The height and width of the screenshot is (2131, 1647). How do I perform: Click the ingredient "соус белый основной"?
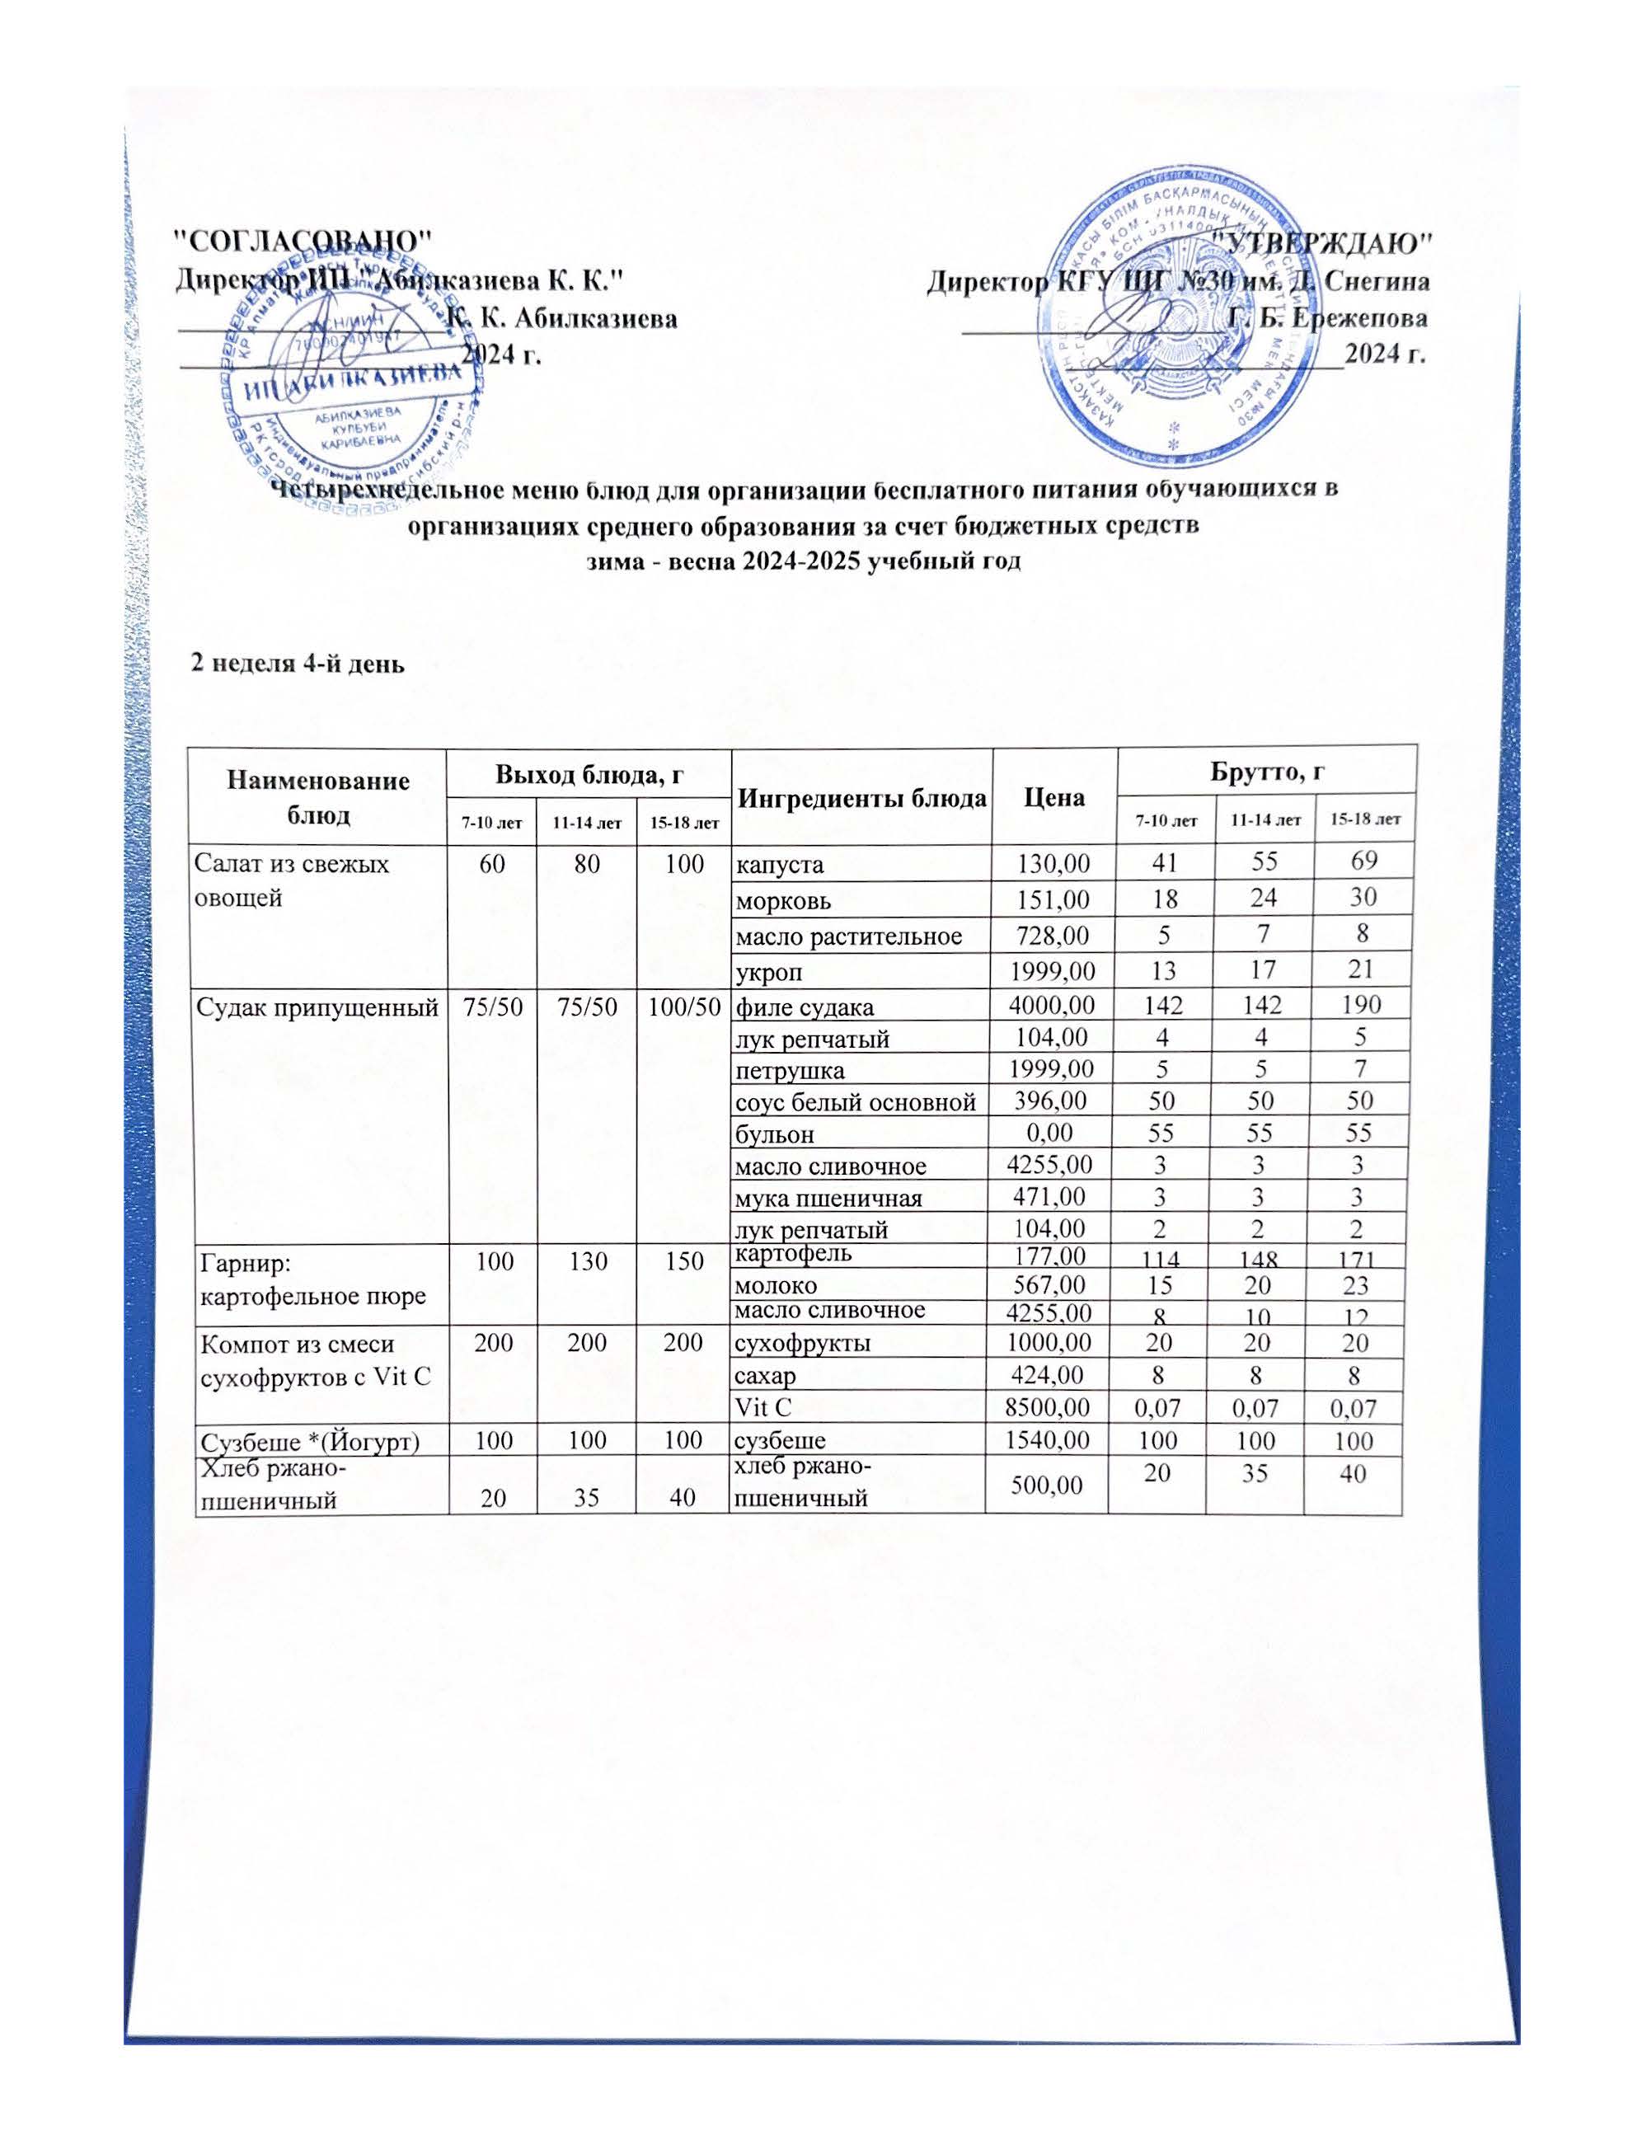(855, 1102)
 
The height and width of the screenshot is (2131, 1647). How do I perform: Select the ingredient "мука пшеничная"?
(828, 1198)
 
